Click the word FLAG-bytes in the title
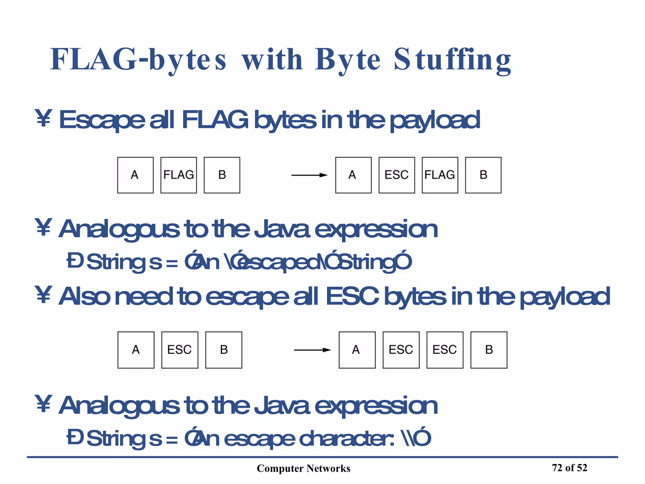tap(138, 60)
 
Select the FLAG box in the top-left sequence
tap(179, 175)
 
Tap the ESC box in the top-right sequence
tap(397, 175)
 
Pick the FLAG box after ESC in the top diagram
tap(440, 175)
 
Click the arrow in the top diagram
tap(309, 175)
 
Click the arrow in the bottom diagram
tap(312, 350)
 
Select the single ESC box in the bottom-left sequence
tap(180, 350)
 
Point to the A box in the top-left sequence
tap(135, 175)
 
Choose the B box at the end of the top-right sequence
tap(483, 175)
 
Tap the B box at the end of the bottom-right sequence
tap(489, 350)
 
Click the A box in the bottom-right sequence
tap(357, 350)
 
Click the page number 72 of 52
tap(569, 468)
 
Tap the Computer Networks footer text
tap(303, 468)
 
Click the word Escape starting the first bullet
tap(102, 120)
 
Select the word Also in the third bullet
tap(84, 297)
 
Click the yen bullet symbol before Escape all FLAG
tap(43, 118)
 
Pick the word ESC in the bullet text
tap(352, 297)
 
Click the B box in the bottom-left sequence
tap(224, 350)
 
